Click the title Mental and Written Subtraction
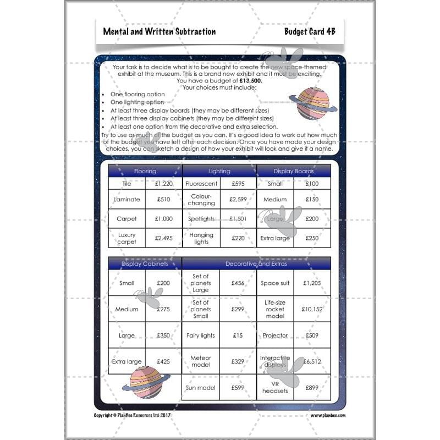[x=159, y=31]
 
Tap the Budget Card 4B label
[x=310, y=31]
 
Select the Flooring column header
[x=145, y=171]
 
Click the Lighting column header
[x=219, y=171]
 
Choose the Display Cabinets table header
[x=145, y=264]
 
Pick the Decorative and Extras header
[x=256, y=264]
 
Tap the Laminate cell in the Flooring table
[x=127, y=200]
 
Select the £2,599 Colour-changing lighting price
[x=238, y=200]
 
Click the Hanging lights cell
[x=201, y=238]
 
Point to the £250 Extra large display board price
[x=312, y=238]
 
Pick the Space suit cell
[x=275, y=283]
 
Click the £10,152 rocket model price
[x=312, y=309]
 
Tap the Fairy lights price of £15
[x=238, y=335]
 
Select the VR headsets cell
[x=275, y=387]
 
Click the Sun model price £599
[x=238, y=388]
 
